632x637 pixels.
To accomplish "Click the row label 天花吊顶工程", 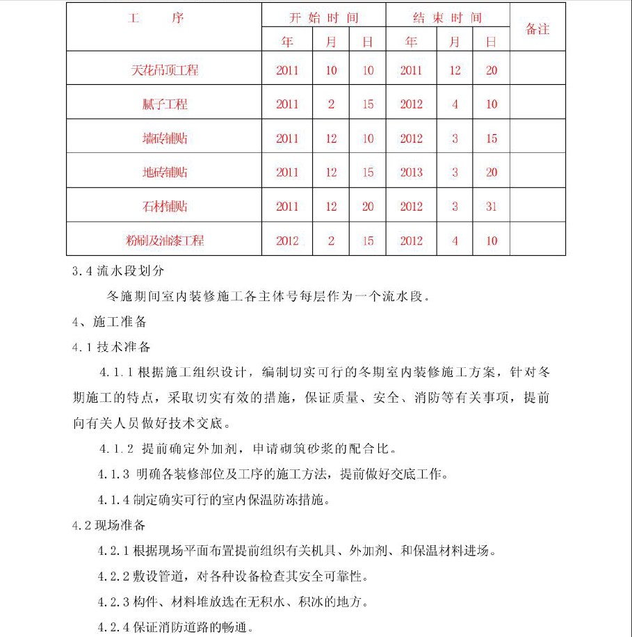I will click(x=165, y=70).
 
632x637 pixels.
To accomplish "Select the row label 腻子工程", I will click(x=165, y=104).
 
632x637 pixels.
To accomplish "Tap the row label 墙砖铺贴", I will click(x=165, y=138).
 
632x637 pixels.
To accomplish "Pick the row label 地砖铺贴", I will click(x=165, y=172).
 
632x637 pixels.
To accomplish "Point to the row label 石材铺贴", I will click(x=165, y=207).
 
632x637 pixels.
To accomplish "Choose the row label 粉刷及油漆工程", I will click(x=165, y=241).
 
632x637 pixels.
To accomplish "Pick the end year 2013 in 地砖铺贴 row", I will click(x=411, y=172).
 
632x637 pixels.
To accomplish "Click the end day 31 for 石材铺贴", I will click(x=492, y=207).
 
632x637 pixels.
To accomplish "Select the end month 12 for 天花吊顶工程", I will click(x=455, y=70).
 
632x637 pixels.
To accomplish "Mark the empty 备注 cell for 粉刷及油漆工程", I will click(x=537, y=241).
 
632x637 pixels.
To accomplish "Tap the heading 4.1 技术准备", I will click(x=111, y=347).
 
